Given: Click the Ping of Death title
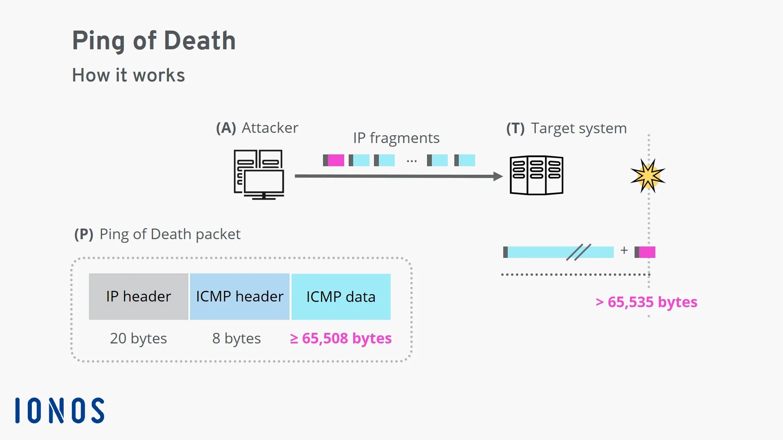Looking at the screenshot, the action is [154, 41].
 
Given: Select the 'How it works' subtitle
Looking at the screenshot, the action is [128, 75].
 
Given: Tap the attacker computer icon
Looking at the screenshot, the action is [259, 174].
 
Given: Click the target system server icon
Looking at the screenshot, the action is [537, 175].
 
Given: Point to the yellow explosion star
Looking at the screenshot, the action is [648, 176].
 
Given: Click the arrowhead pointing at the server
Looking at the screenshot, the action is [498, 176].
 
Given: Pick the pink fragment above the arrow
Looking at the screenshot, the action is [336, 160].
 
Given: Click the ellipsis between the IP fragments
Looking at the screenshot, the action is [411, 161].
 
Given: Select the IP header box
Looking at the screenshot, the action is [139, 297].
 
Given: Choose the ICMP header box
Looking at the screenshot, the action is [240, 297].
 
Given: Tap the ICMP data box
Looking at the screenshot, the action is [341, 297].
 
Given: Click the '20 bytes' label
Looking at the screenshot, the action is [138, 339].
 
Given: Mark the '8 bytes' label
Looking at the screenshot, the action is [237, 339].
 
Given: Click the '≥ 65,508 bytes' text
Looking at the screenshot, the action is [341, 339].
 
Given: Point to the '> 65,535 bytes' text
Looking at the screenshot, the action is [646, 302].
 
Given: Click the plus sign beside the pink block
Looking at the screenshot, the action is [624, 251].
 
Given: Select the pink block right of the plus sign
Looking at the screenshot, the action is [647, 252].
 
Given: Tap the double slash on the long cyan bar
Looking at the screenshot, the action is [578, 252].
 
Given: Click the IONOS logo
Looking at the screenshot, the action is [60, 410].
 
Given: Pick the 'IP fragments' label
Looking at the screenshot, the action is [396, 138].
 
